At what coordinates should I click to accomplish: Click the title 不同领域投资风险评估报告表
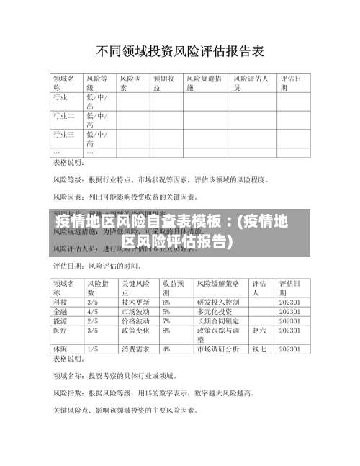tap(180, 51)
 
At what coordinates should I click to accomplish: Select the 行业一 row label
tap(63, 96)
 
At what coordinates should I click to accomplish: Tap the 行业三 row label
tap(63, 134)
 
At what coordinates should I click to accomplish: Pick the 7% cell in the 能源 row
tap(166, 322)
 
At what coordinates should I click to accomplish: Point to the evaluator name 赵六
tap(260, 331)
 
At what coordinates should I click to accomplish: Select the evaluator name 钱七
tap(260, 349)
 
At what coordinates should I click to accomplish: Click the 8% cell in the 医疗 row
tap(166, 331)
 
